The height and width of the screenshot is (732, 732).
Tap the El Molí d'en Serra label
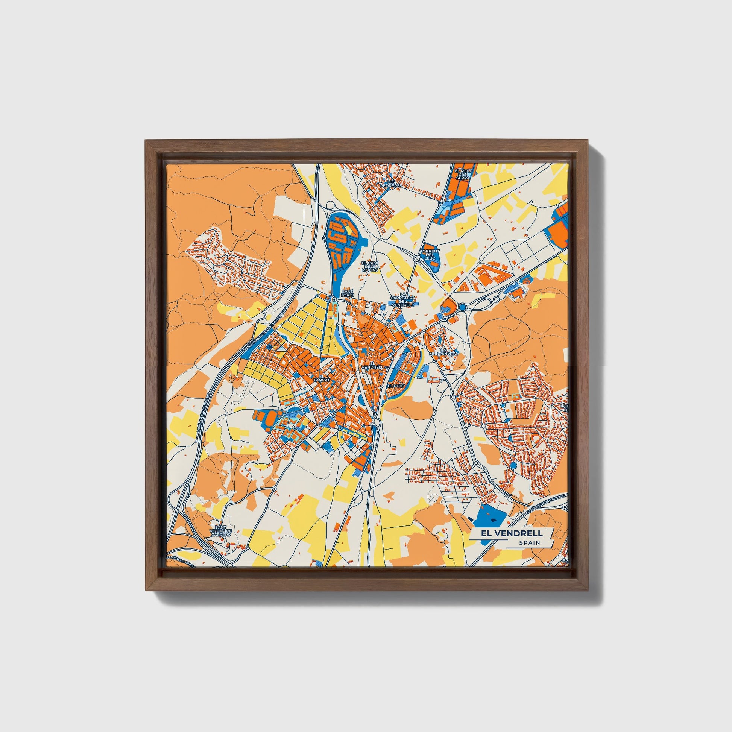coord(463,174)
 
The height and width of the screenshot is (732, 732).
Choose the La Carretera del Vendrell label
coord(403,300)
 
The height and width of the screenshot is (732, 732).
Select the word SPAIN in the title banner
coord(530,543)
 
